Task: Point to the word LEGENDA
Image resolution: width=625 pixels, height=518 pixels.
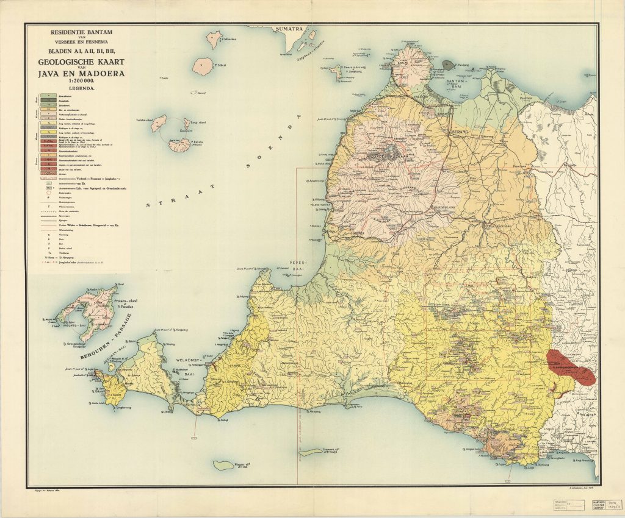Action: coord(77,89)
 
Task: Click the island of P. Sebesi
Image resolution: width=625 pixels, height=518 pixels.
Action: coord(202,65)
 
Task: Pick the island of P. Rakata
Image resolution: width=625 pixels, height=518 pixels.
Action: coord(179,144)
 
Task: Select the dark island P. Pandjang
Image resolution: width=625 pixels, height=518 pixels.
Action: coord(449,64)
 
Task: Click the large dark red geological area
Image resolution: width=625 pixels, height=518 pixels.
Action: coord(570,367)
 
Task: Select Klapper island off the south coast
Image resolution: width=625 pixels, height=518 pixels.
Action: coord(226,466)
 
